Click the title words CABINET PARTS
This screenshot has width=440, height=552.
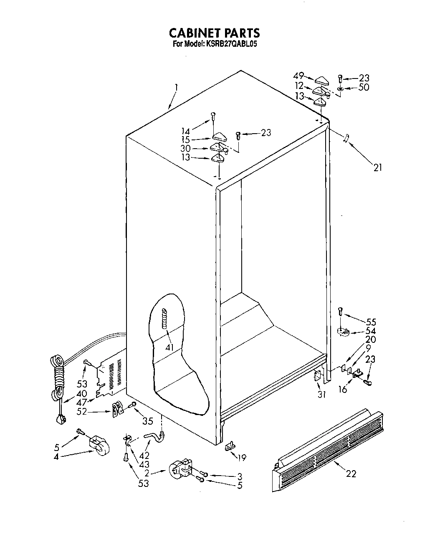tap(214, 33)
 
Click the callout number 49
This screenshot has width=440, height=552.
tap(298, 76)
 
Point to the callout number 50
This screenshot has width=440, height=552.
tap(364, 88)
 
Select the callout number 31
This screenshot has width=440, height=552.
tap(321, 394)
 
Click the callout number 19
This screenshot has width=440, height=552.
tap(241, 458)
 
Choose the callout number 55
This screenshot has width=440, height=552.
tap(371, 322)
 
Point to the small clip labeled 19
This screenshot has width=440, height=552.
tap(230, 447)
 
